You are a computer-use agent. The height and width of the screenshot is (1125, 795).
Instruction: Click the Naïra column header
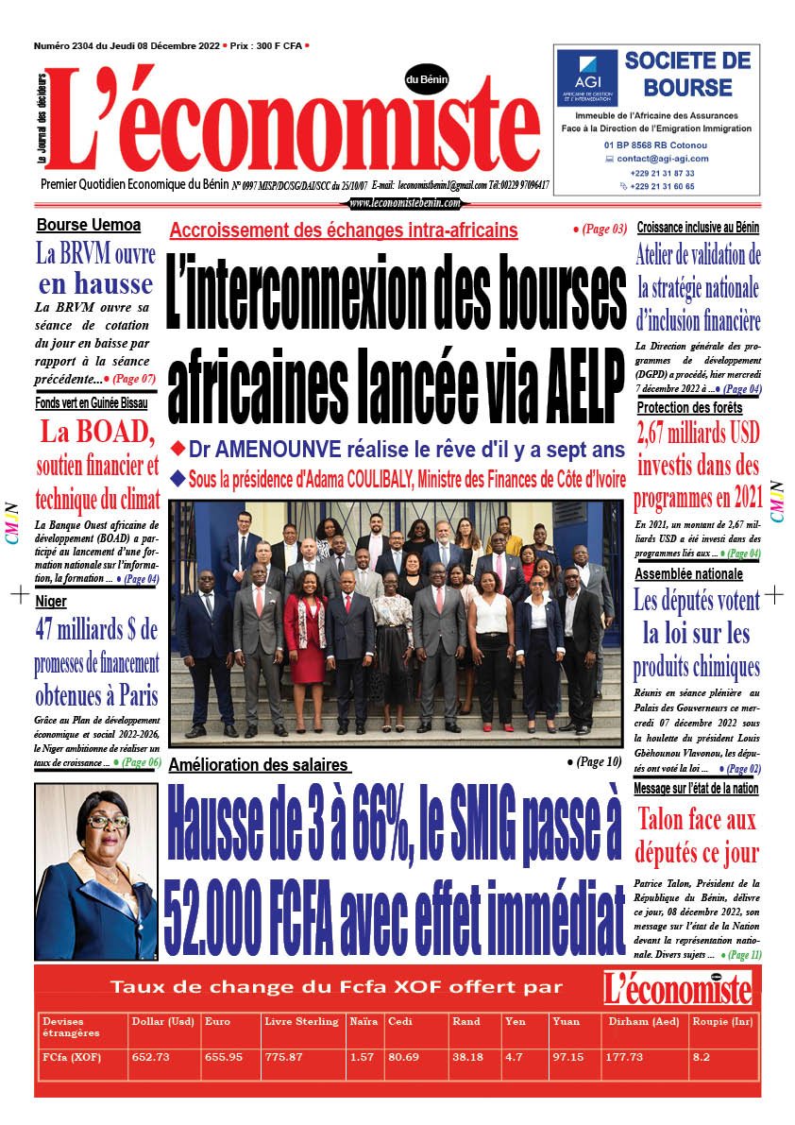click(364, 1022)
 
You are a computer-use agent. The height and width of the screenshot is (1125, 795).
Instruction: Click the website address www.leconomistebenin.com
click(405, 203)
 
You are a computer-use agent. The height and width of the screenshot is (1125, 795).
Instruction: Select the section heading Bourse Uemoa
click(89, 225)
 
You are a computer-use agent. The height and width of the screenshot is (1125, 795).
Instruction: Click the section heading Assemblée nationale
click(689, 574)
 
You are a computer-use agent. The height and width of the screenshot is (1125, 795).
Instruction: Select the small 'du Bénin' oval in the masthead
click(427, 80)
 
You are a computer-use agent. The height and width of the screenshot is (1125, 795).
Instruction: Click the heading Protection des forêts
click(689, 408)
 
